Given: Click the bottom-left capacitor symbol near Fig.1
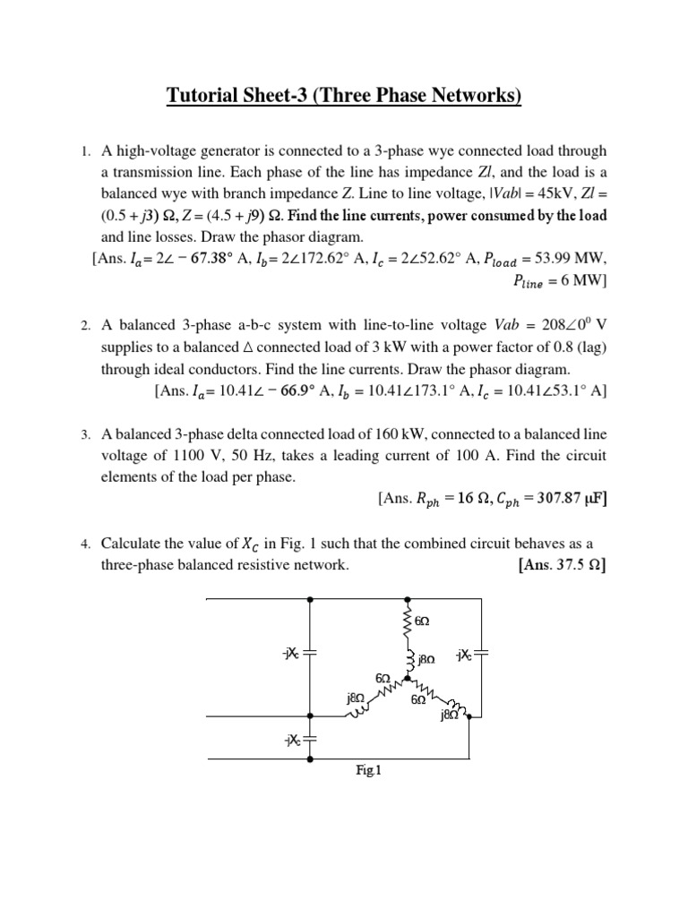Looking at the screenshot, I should (310, 740).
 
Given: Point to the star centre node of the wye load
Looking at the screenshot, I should (408, 678).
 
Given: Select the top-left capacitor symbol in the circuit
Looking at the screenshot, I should (310, 654).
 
